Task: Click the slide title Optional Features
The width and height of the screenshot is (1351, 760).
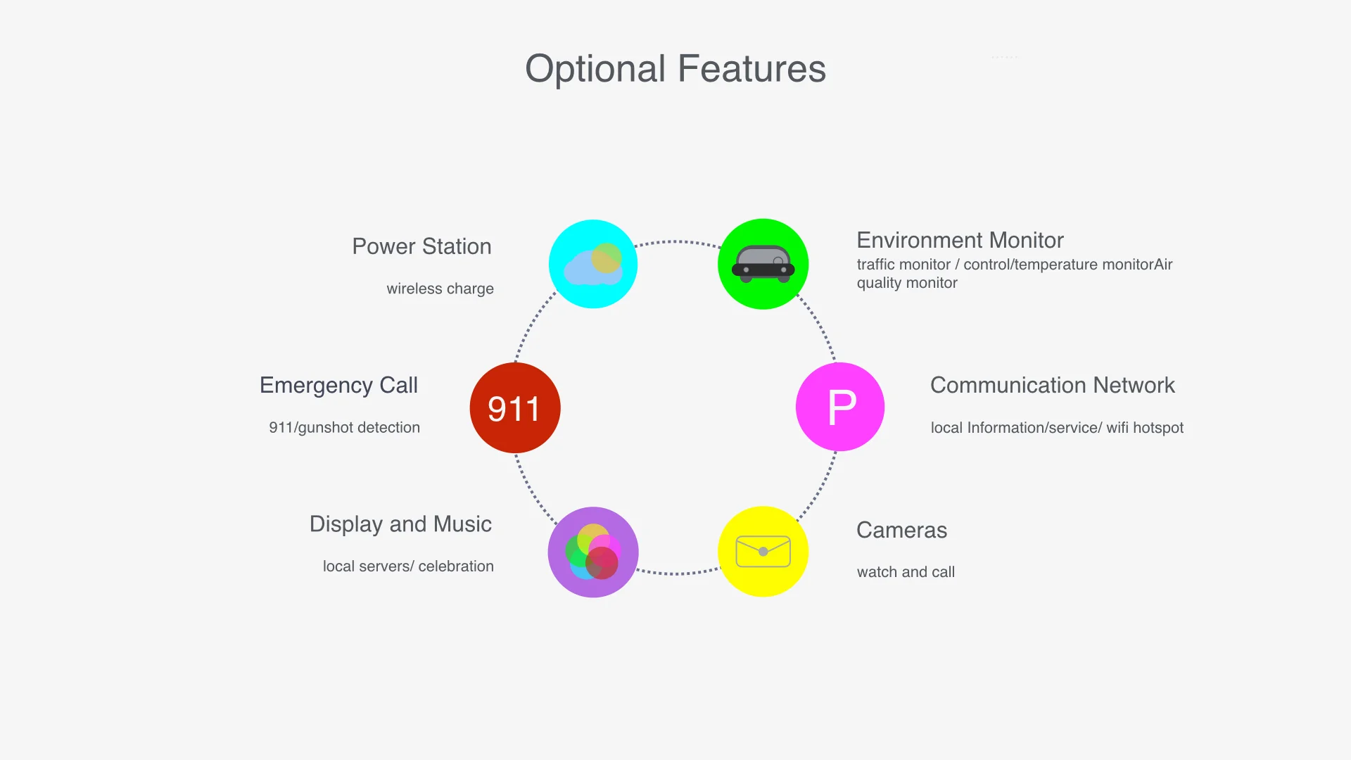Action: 675,69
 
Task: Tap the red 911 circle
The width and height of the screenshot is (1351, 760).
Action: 515,407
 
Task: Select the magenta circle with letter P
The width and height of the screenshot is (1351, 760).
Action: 840,407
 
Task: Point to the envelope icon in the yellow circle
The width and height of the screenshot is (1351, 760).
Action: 763,552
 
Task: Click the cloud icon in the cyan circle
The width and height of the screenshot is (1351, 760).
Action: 592,266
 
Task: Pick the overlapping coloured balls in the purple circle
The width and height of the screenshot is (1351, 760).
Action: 593,552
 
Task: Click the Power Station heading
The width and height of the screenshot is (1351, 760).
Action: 421,246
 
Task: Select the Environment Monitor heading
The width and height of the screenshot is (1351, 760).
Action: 960,240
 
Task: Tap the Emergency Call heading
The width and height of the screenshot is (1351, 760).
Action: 338,385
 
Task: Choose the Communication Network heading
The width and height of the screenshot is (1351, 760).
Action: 1052,385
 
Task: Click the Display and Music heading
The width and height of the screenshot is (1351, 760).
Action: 400,524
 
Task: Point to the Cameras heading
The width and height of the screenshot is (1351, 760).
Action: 901,530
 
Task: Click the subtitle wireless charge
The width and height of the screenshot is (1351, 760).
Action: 440,289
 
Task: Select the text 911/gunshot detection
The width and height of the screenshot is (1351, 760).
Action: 344,427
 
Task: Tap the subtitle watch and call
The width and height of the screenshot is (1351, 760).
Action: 906,572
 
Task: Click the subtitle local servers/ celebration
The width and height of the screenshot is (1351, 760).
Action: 408,566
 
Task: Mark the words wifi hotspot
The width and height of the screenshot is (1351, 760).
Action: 1145,428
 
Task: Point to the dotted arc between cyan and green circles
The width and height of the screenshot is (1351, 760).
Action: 677,241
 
